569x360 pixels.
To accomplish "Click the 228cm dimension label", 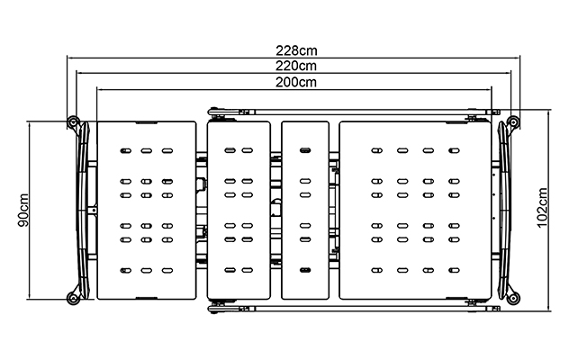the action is [296, 50].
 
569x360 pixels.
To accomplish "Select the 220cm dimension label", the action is [296, 67].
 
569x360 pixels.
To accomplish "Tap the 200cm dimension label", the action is [296, 83].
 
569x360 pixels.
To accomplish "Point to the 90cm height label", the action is [23, 210].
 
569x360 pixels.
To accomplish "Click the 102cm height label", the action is [543, 208].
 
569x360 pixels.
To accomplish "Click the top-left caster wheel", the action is [73, 121].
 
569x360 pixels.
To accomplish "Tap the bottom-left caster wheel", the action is [73, 299].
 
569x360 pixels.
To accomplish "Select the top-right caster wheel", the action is [513, 121].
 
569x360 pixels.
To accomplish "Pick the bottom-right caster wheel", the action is [513, 299].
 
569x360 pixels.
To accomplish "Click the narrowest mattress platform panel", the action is [305, 211].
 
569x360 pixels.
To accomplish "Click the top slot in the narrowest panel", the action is [305, 150].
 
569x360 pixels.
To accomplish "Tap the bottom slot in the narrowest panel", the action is [305, 270].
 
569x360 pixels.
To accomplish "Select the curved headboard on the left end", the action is [84, 211].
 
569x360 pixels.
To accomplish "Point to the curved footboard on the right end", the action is [504, 211].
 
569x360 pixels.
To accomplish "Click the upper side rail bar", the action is [354, 112].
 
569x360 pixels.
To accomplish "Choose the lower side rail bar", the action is [354, 309].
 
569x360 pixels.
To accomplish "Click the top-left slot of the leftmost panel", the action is [125, 150].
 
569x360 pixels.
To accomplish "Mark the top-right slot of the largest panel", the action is [454, 150].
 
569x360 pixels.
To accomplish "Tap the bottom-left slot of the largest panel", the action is [377, 270].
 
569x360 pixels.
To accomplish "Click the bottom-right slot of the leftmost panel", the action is [167, 270].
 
